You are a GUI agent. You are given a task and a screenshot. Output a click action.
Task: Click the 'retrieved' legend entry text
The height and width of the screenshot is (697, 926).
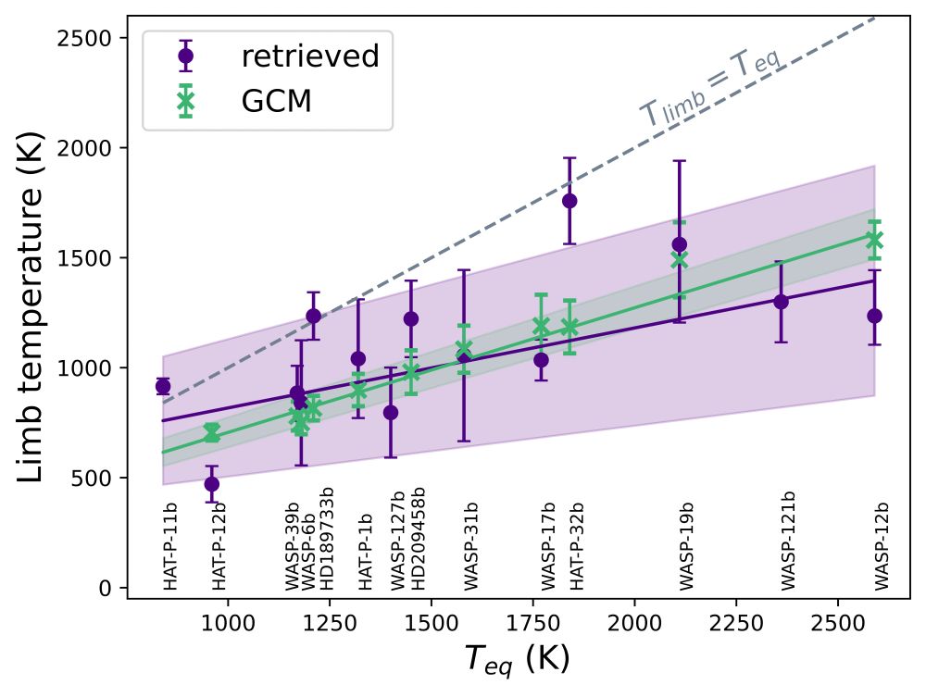click(x=310, y=57)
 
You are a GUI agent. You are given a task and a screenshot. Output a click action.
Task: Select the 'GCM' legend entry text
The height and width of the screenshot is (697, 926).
click(x=276, y=102)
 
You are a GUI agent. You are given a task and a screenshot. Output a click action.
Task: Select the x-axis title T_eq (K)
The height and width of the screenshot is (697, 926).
click(x=516, y=659)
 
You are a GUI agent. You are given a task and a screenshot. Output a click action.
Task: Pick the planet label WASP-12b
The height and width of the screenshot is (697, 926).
click(x=882, y=546)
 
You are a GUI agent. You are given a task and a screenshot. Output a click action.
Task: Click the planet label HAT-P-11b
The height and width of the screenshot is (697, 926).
click(x=169, y=546)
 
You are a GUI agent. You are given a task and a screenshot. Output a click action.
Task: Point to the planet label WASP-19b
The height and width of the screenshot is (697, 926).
click(x=686, y=546)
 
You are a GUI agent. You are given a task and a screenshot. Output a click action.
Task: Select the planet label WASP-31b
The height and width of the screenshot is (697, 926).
click(x=470, y=546)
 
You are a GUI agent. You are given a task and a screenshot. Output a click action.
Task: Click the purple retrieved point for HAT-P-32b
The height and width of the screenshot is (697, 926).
click(x=569, y=201)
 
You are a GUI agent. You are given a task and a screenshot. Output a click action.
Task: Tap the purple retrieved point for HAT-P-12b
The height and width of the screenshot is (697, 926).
click(x=212, y=484)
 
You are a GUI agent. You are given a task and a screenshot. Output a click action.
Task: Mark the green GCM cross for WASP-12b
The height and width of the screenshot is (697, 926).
click(x=874, y=240)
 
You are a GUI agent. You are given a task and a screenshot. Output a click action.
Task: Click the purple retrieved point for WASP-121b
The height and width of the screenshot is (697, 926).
click(x=781, y=302)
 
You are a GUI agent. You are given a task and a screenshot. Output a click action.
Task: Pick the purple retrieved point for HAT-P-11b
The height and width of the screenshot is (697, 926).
click(x=163, y=387)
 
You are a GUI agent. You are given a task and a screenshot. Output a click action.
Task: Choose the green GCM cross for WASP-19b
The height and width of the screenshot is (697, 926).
click(x=680, y=259)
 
